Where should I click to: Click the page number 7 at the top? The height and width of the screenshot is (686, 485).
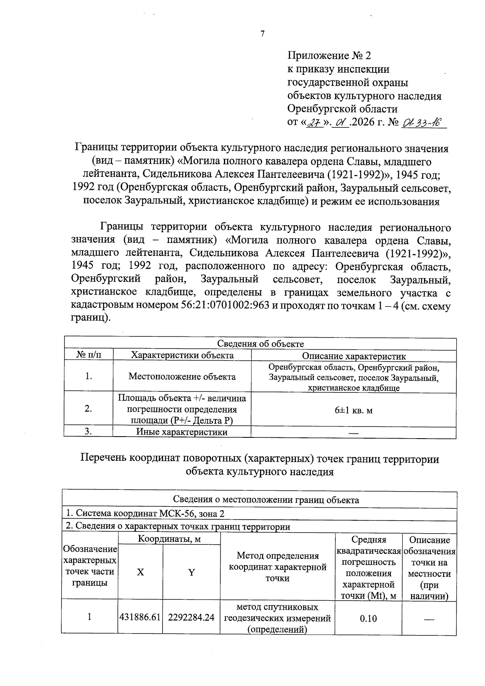(262, 34)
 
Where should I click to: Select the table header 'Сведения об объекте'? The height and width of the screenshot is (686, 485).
(260, 344)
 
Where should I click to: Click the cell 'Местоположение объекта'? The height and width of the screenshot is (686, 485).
(182, 377)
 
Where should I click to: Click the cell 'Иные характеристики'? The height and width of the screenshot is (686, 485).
(182, 432)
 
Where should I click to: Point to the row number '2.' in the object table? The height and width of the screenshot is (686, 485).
(88, 409)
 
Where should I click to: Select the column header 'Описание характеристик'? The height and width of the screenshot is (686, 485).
(354, 356)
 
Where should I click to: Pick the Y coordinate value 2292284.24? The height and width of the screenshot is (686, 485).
(191, 617)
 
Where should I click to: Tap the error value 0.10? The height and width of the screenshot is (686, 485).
(368, 618)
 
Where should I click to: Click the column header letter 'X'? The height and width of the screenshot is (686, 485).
(140, 572)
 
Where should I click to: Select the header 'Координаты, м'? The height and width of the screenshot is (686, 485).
(169, 539)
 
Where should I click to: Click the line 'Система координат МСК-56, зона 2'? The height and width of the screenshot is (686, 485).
(145, 514)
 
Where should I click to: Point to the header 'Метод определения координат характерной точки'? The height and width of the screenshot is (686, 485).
(278, 567)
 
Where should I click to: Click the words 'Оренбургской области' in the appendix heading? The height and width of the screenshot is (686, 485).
(342, 109)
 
